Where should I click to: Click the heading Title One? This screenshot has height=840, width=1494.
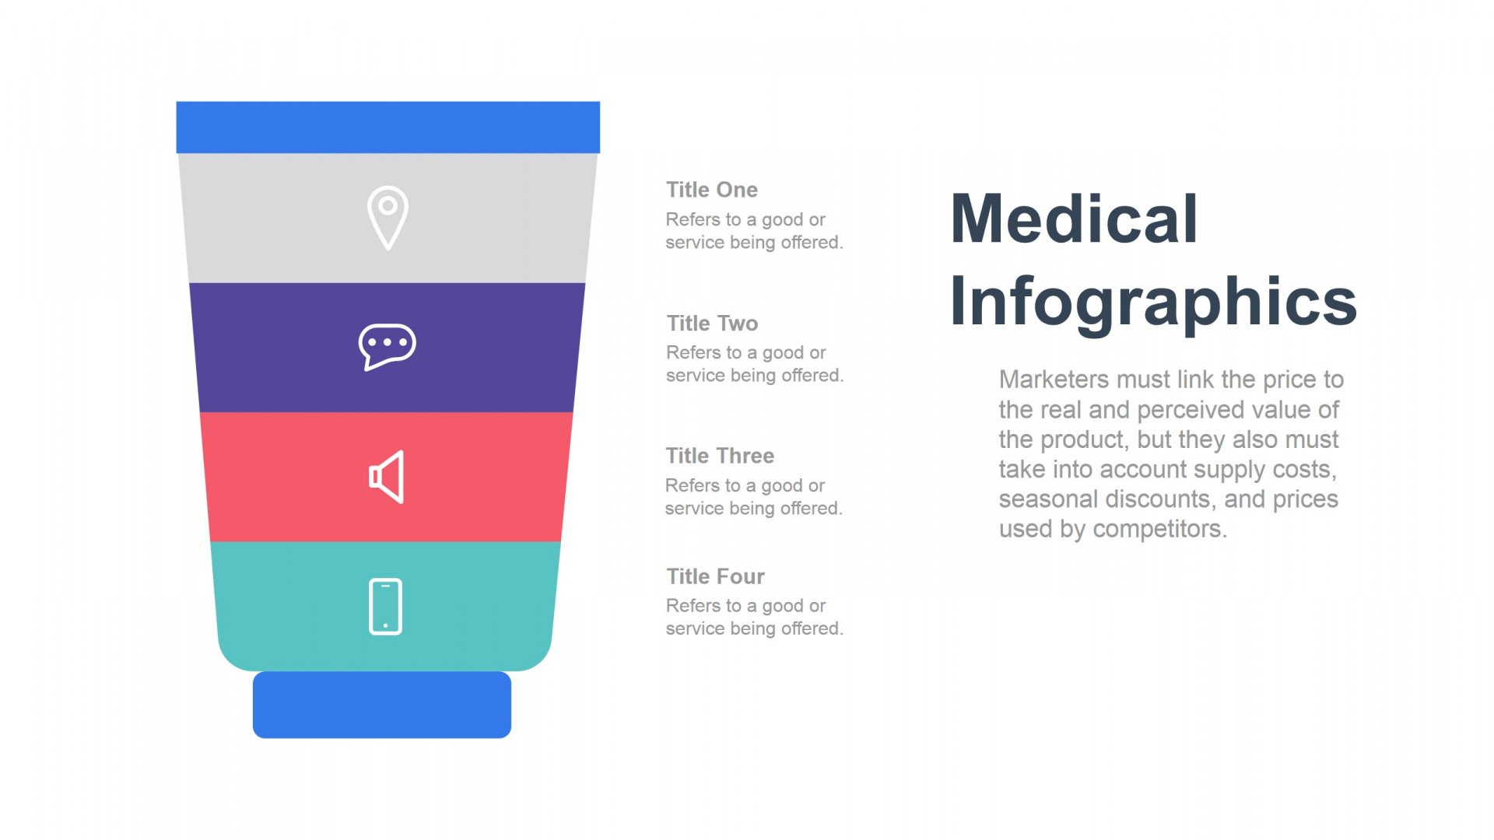pyautogui.click(x=711, y=190)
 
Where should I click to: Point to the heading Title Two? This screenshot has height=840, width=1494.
pyautogui.click(x=712, y=323)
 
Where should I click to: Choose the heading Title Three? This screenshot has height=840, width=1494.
pyautogui.click(x=720, y=456)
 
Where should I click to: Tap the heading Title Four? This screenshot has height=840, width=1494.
pyautogui.click(x=715, y=576)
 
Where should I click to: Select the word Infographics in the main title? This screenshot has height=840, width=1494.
pyautogui.click(x=1154, y=303)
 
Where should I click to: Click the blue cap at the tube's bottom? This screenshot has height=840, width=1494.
pyautogui.click(x=382, y=705)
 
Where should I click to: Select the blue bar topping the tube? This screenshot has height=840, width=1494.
pyautogui.click(x=388, y=127)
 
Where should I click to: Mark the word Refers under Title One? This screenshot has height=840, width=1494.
pyautogui.click(x=693, y=219)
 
